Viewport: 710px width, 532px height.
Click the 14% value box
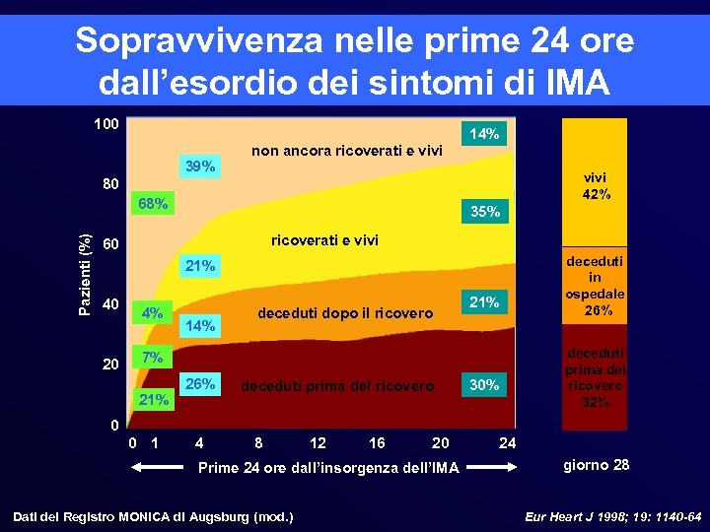pyautogui.click(x=483, y=133)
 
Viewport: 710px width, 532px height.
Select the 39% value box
pyautogui.click(x=200, y=166)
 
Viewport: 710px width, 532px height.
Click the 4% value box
pyautogui.click(x=152, y=314)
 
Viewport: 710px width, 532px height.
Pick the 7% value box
pyautogui.click(x=152, y=356)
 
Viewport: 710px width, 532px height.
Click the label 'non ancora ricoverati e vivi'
pyautogui.click(x=347, y=151)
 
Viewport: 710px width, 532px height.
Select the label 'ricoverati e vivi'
pyautogui.click(x=324, y=240)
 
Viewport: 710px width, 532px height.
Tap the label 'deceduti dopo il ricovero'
pyautogui.click(x=344, y=313)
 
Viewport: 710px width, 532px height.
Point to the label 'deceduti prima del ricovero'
pyautogui.click(x=337, y=386)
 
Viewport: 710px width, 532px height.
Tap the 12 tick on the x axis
pyautogui.click(x=318, y=442)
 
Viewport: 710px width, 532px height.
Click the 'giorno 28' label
pyautogui.click(x=596, y=464)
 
